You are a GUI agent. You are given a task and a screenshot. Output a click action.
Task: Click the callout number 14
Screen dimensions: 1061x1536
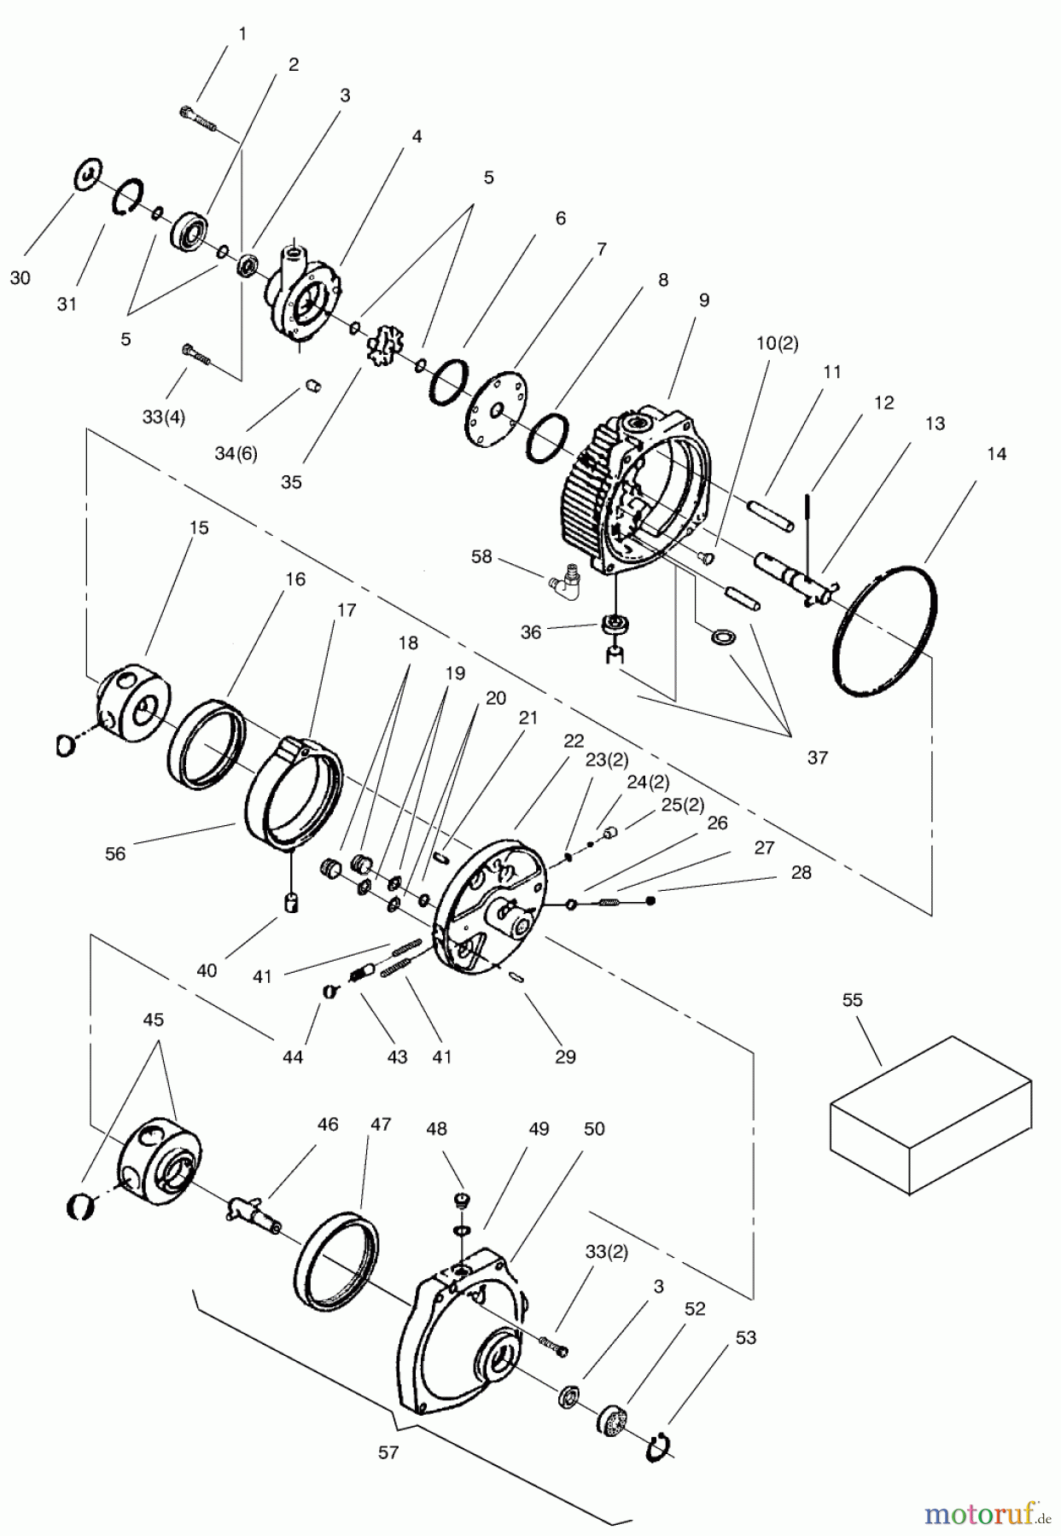(996, 454)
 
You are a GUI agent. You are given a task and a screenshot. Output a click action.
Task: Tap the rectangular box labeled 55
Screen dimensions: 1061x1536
(930, 1114)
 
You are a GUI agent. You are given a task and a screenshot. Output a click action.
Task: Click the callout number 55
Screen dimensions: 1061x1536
(853, 999)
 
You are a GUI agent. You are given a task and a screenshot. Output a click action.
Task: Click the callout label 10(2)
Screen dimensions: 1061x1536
(777, 343)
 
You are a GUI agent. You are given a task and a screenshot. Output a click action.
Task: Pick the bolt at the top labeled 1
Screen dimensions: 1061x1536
(200, 119)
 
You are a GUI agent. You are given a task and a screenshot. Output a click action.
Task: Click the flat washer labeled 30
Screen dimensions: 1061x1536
(86, 174)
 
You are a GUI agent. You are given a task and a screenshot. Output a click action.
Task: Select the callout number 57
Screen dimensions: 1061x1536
(388, 1452)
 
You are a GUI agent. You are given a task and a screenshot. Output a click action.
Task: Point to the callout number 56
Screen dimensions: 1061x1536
(115, 853)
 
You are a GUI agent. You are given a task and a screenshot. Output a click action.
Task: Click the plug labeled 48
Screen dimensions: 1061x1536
(462, 1201)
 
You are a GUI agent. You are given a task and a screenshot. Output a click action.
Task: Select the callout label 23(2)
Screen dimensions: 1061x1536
(607, 759)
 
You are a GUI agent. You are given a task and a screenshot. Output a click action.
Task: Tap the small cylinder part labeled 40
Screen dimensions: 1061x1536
(292, 901)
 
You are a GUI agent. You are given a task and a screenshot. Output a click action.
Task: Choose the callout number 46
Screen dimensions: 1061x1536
(328, 1125)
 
